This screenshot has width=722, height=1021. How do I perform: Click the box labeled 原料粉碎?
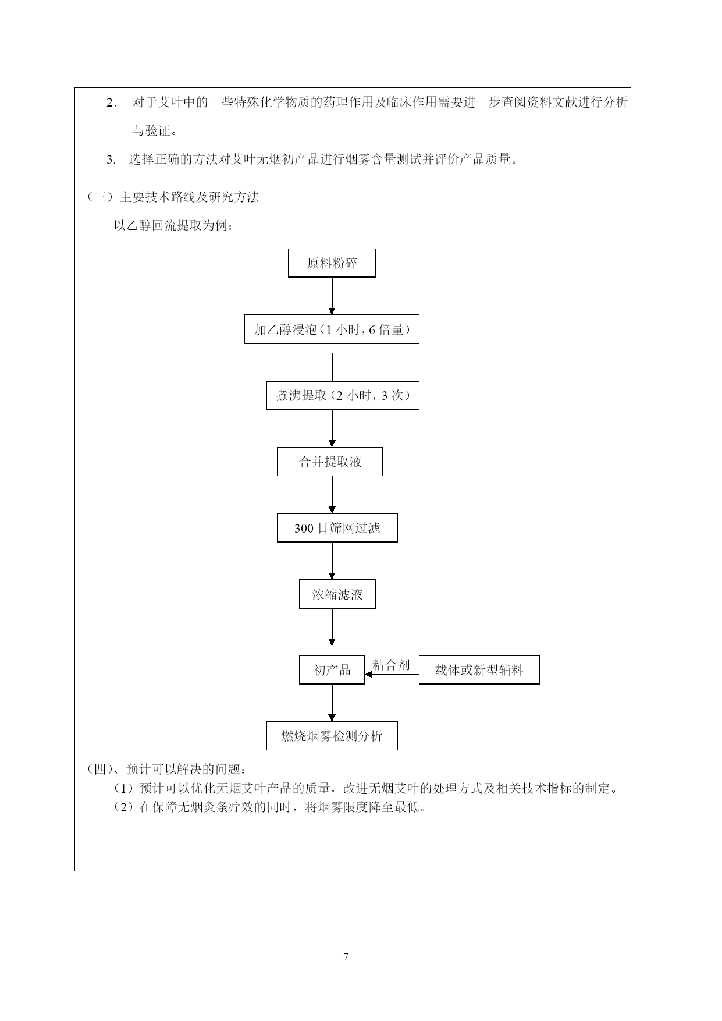(332, 263)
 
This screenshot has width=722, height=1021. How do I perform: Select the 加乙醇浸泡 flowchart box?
(332, 329)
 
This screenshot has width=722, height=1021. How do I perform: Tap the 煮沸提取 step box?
(343, 395)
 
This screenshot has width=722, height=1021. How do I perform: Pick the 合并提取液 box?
(330, 462)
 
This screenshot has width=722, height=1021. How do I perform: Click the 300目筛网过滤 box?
(337, 528)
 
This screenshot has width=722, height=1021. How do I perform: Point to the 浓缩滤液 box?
(337, 594)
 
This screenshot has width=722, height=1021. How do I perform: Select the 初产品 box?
(332, 669)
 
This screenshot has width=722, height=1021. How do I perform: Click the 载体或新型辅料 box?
(479, 669)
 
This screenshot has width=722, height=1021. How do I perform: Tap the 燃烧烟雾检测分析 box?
(332, 736)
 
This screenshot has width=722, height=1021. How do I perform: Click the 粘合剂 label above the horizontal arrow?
(391, 665)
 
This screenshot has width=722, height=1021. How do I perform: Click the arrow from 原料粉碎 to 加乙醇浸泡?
(332, 296)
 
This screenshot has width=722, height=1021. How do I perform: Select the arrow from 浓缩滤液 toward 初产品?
(332, 628)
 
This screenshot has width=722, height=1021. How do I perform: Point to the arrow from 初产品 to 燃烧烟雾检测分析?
(332, 703)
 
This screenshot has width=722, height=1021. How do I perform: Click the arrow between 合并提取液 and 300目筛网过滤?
(332, 495)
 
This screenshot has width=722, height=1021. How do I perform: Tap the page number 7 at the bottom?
(346, 956)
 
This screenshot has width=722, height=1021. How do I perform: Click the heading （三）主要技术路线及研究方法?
(173, 197)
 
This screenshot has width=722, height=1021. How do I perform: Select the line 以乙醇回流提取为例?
(174, 225)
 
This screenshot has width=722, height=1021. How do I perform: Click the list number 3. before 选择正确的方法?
(111, 159)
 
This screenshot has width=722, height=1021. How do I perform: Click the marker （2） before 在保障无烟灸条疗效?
(125, 807)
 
